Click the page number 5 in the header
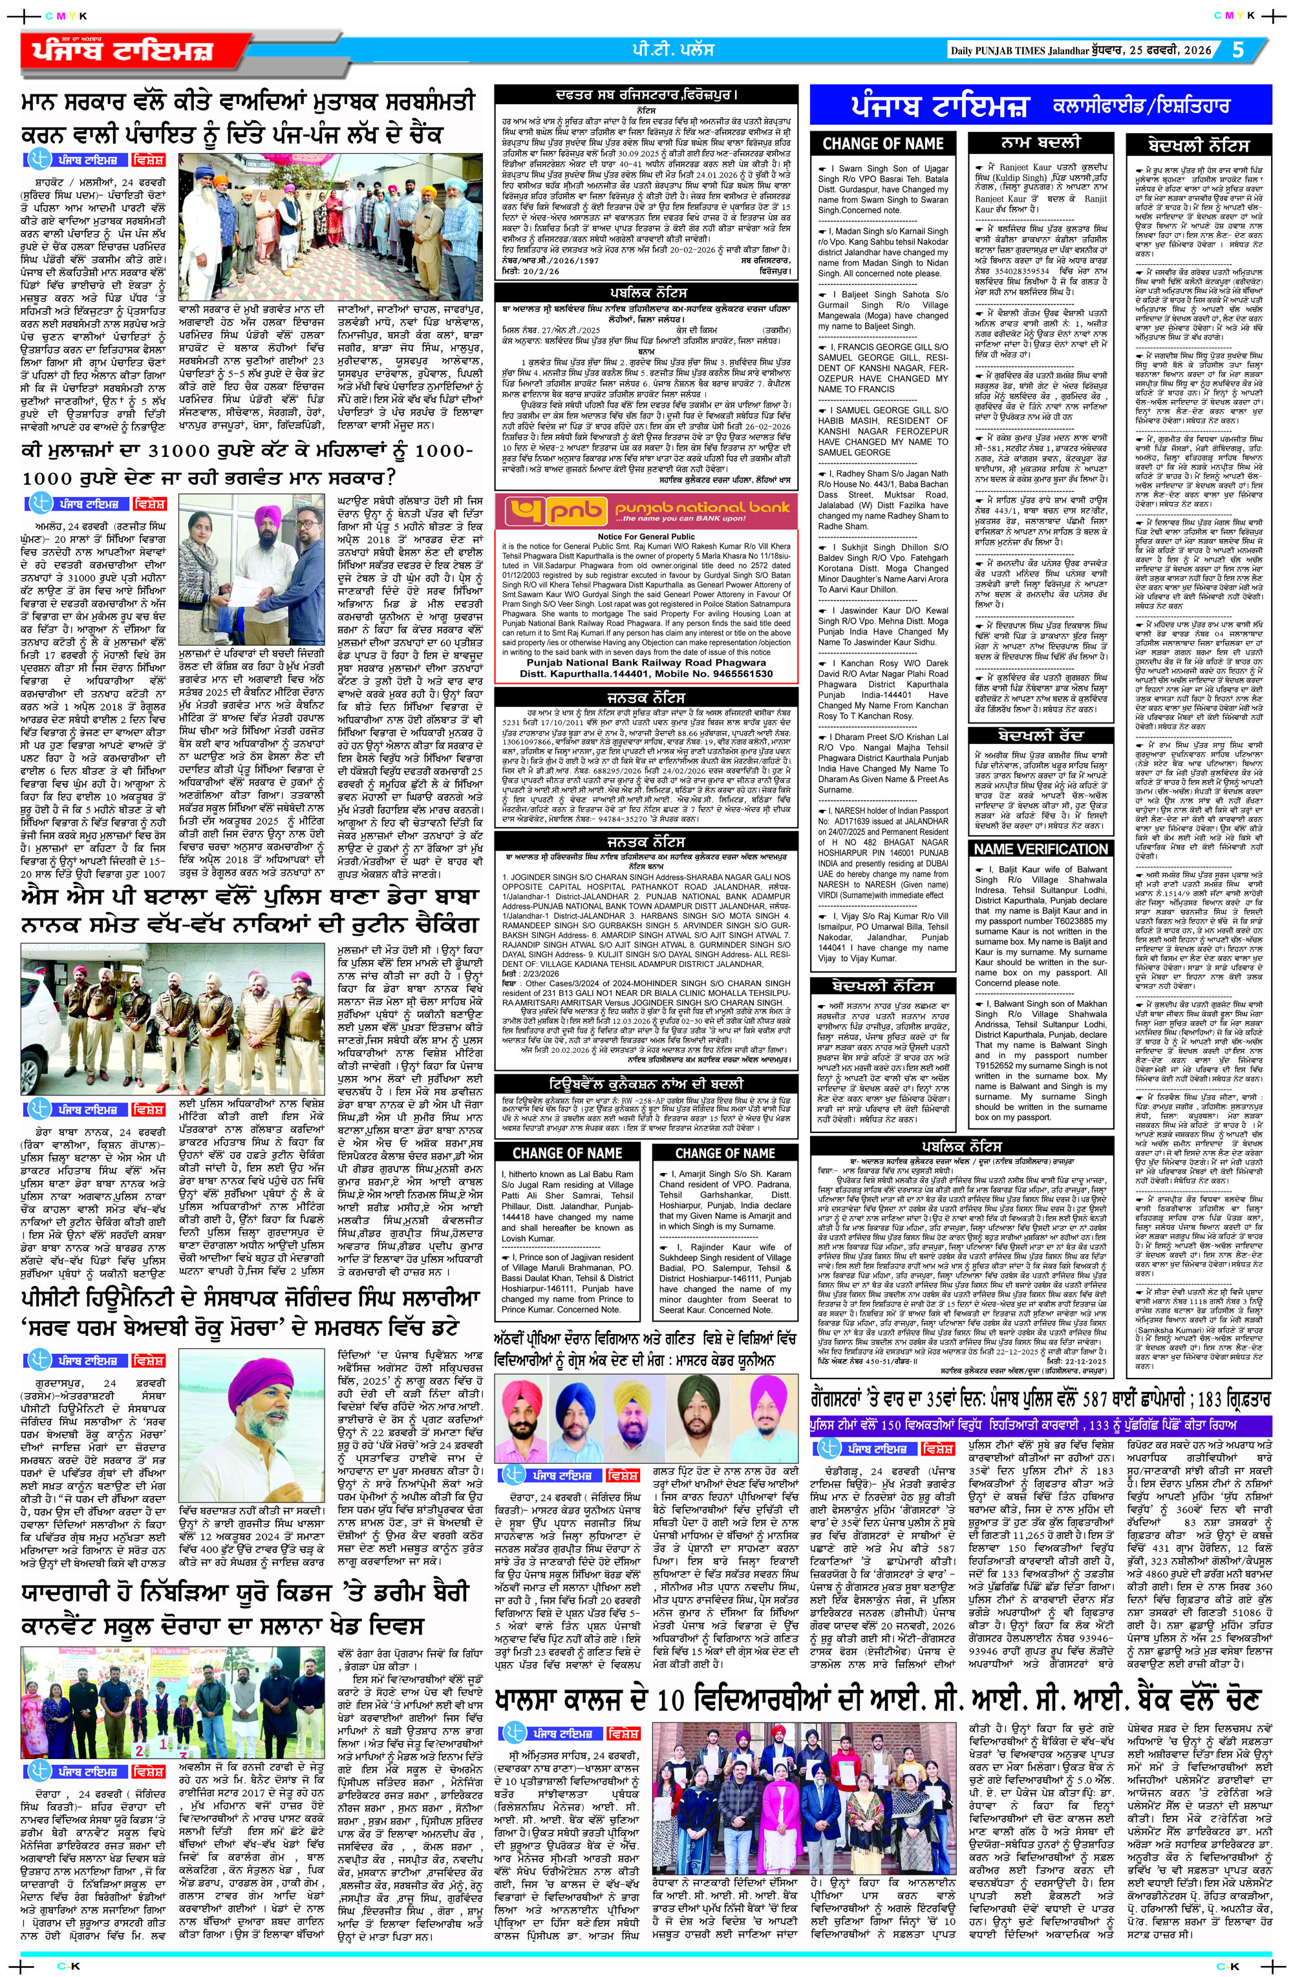(1237, 49)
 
